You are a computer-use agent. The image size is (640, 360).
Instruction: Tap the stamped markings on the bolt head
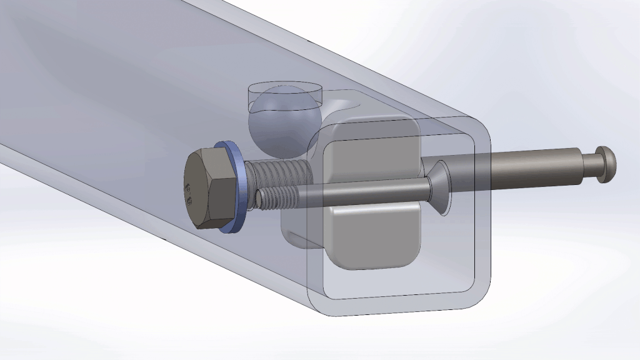tap(190, 192)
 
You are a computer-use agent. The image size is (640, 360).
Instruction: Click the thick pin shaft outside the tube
tap(531, 167)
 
